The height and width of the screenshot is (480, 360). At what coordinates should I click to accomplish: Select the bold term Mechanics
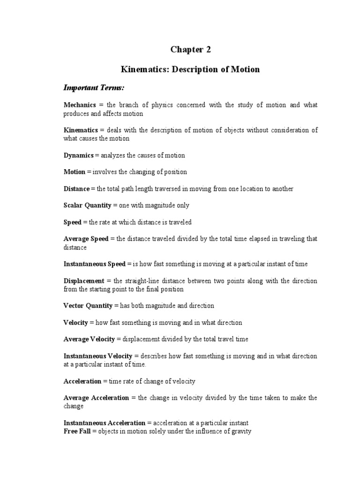(x=80, y=105)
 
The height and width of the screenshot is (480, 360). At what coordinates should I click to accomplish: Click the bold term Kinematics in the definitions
(x=81, y=130)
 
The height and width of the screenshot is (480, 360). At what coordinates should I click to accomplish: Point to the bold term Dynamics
(x=78, y=155)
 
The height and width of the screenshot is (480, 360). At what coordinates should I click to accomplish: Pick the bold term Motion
(x=74, y=172)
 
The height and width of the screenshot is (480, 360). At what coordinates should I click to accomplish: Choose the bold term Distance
(x=76, y=188)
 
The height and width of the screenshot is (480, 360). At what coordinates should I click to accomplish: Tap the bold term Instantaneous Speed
(x=95, y=264)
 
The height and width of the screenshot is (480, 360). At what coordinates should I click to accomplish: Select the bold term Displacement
(x=84, y=280)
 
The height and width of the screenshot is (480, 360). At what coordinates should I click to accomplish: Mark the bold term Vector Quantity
(x=88, y=306)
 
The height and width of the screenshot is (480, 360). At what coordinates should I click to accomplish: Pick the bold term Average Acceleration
(x=96, y=397)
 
